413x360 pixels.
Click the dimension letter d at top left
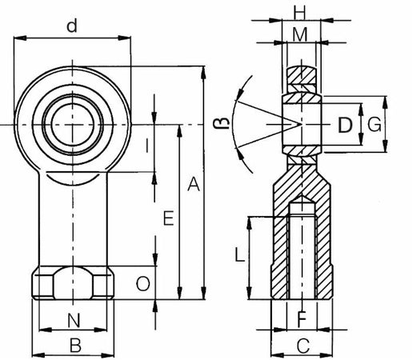tap(72, 26)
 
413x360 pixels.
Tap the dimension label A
tap(194, 184)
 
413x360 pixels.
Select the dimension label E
tap(169, 218)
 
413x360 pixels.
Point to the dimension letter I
tap(147, 146)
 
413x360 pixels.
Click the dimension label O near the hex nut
tap(143, 283)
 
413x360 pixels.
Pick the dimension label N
tap(74, 321)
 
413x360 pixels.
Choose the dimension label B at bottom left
tap(75, 345)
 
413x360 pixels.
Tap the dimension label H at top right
tap(299, 13)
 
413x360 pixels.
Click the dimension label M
tap(300, 34)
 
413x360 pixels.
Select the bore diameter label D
tap(345, 125)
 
